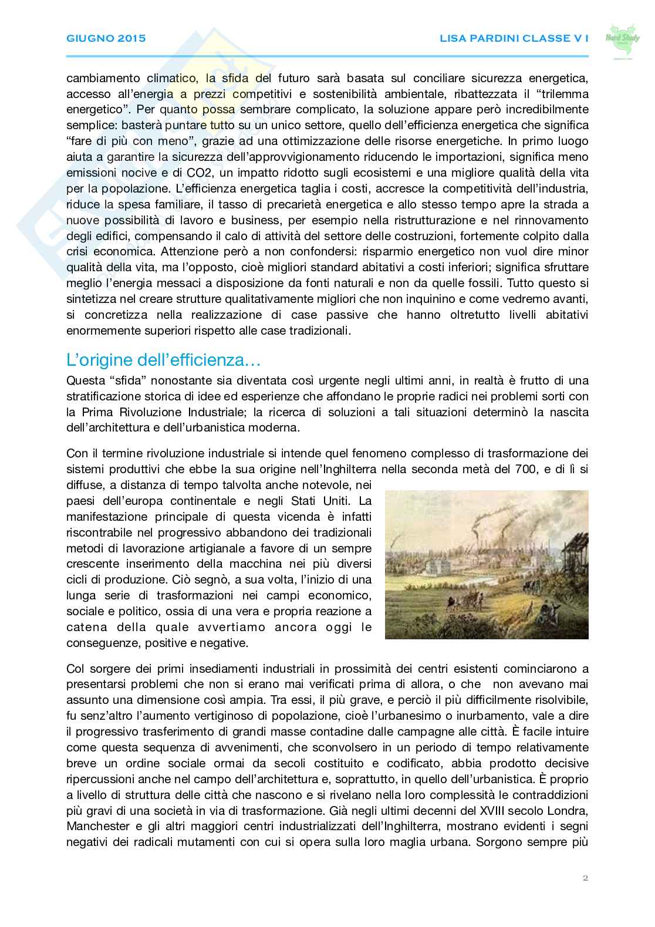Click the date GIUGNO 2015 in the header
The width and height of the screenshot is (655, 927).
pos(106,39)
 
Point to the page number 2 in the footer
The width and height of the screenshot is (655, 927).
pos(585,878)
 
